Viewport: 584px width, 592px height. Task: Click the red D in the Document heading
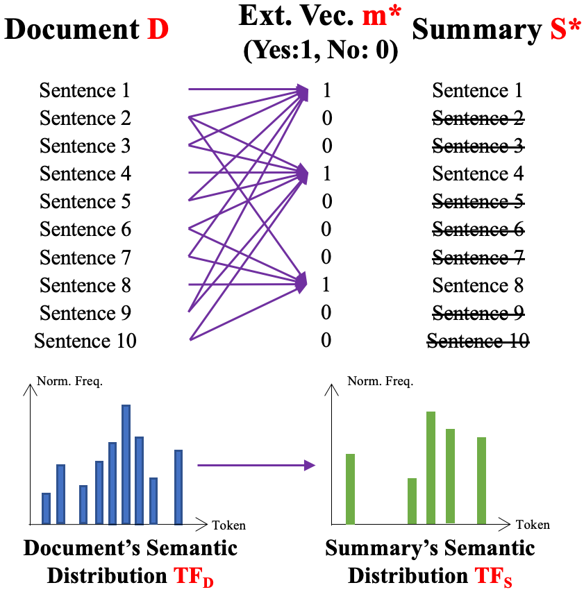pos(158,29)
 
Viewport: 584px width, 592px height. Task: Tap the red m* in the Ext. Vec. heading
pos(381,15)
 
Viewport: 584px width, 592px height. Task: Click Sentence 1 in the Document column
pos(85,90)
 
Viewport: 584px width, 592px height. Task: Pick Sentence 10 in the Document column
pos(85,341)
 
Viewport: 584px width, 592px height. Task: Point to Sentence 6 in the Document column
pos(85,230)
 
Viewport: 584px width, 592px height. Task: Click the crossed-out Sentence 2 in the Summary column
pos(478,119)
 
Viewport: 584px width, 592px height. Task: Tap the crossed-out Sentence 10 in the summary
pos(478,341)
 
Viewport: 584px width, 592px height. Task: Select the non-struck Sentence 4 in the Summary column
pos(478,174)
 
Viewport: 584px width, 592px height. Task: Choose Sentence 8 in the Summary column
pos(478,285)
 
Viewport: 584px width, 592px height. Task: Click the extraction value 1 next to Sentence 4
pos(326,174)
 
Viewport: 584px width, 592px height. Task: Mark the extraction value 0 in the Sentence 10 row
pos(326,341)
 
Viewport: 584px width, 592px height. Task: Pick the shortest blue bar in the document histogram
pos(47,508)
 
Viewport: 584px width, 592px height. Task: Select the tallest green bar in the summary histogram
pos(431,467)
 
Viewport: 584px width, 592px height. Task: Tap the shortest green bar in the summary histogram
pos(412,500)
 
